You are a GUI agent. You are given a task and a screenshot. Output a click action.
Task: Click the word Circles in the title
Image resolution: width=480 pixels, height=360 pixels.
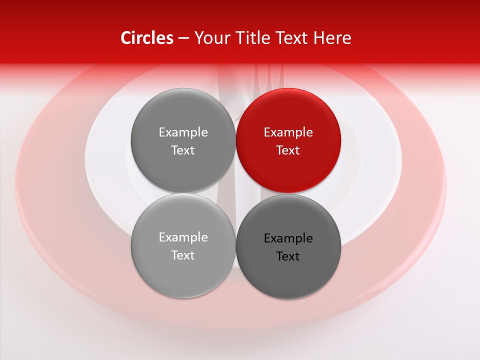click(x=146, y=38)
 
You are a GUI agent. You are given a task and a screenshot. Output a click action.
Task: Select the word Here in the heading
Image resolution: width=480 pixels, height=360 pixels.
click(x=332, y=38)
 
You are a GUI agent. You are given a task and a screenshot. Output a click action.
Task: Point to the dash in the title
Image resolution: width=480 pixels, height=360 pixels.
click(x=183, y=38)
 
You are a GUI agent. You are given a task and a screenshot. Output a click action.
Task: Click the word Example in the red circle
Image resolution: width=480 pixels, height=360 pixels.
click(x=288, y=132)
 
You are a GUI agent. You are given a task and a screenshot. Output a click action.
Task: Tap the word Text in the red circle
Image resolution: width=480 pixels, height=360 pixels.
click(x=288, y=150)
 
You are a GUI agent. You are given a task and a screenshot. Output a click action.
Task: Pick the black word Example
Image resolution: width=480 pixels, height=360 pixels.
click(x=288, y=238)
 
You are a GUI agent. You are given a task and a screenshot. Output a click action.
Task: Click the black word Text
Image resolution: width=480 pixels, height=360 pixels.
click(x=288, y=256)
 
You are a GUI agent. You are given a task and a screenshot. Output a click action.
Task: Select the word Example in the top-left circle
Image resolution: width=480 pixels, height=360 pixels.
click(x=183, y=132)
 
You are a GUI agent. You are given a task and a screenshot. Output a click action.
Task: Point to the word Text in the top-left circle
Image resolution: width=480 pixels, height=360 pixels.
click(x=183, y=150)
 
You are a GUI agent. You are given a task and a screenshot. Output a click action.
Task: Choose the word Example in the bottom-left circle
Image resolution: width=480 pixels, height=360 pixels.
click(x=183, y=237)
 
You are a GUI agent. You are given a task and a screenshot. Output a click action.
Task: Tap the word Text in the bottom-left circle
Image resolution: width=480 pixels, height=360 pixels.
click(x=183, y=255)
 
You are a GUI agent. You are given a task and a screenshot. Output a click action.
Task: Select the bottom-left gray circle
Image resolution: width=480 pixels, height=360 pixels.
click(x=183, y=275)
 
